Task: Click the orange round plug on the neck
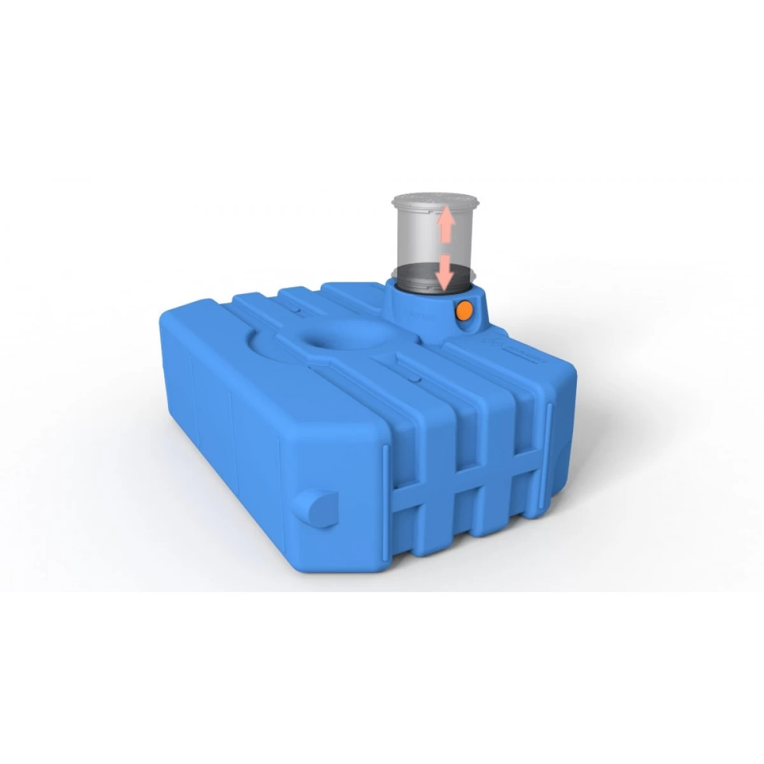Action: (464, 311)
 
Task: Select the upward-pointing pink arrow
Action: (446, 223)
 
